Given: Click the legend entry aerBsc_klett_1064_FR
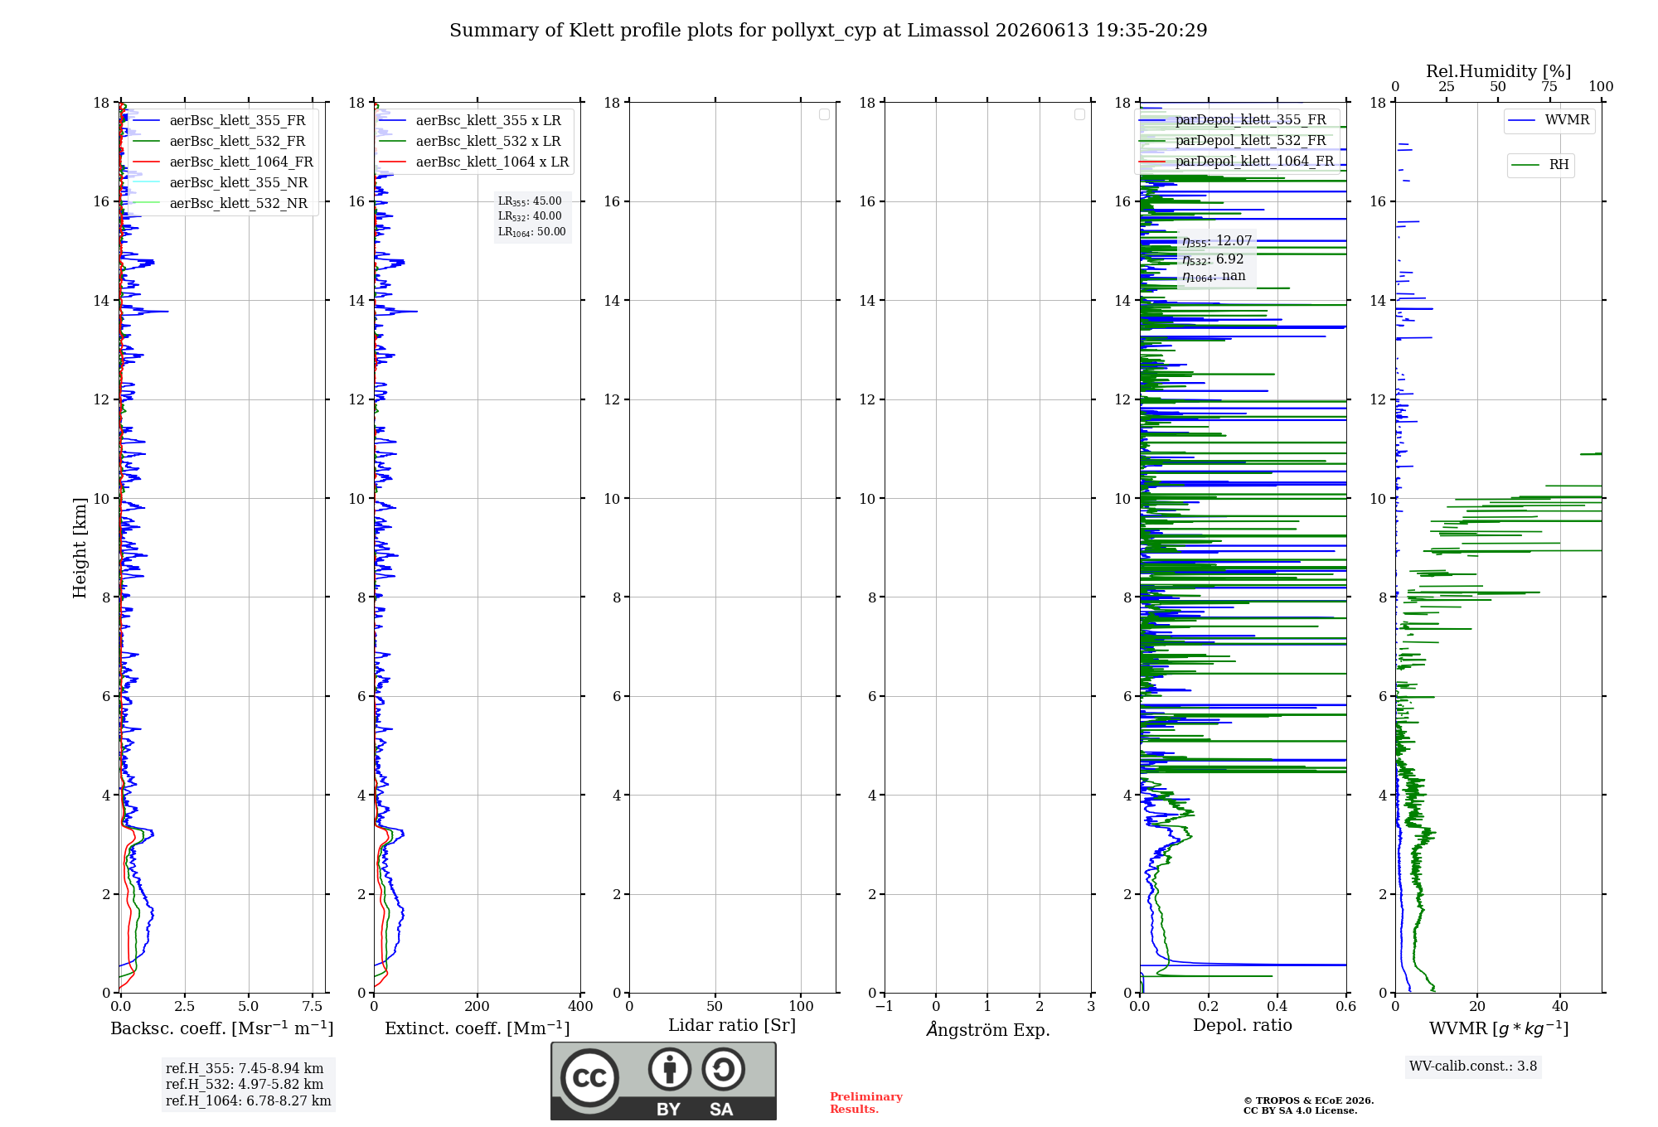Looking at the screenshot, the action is tap(223, 162).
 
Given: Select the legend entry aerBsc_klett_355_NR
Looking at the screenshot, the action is tap(220, 183).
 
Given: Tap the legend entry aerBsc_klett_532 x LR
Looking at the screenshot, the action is tap(470, 142).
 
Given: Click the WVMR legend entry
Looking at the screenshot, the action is tap(1549, 120).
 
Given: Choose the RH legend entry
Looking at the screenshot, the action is tap(1540, 165).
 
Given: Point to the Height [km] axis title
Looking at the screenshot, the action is tap(80, 548).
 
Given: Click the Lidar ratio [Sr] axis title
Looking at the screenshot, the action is tap(732, 1025).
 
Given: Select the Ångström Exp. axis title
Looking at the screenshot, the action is tap(988, 1029).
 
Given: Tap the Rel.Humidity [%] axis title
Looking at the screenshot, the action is tap(1499, 71).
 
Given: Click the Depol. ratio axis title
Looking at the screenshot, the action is tap(1243, 1025).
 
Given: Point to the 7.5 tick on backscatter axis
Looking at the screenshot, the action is tap(313, 1006).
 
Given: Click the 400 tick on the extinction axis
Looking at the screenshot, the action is tap(580, 1006).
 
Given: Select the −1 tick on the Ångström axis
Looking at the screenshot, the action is tap(884, 1006).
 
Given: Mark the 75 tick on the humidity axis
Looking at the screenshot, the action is tap(1549, 87).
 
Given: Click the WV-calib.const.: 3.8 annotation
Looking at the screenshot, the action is tap(1473, 1067).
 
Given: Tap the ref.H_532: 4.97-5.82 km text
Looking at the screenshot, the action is tap(245, 1084).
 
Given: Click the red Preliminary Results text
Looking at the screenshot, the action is tap(866, 1103).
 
